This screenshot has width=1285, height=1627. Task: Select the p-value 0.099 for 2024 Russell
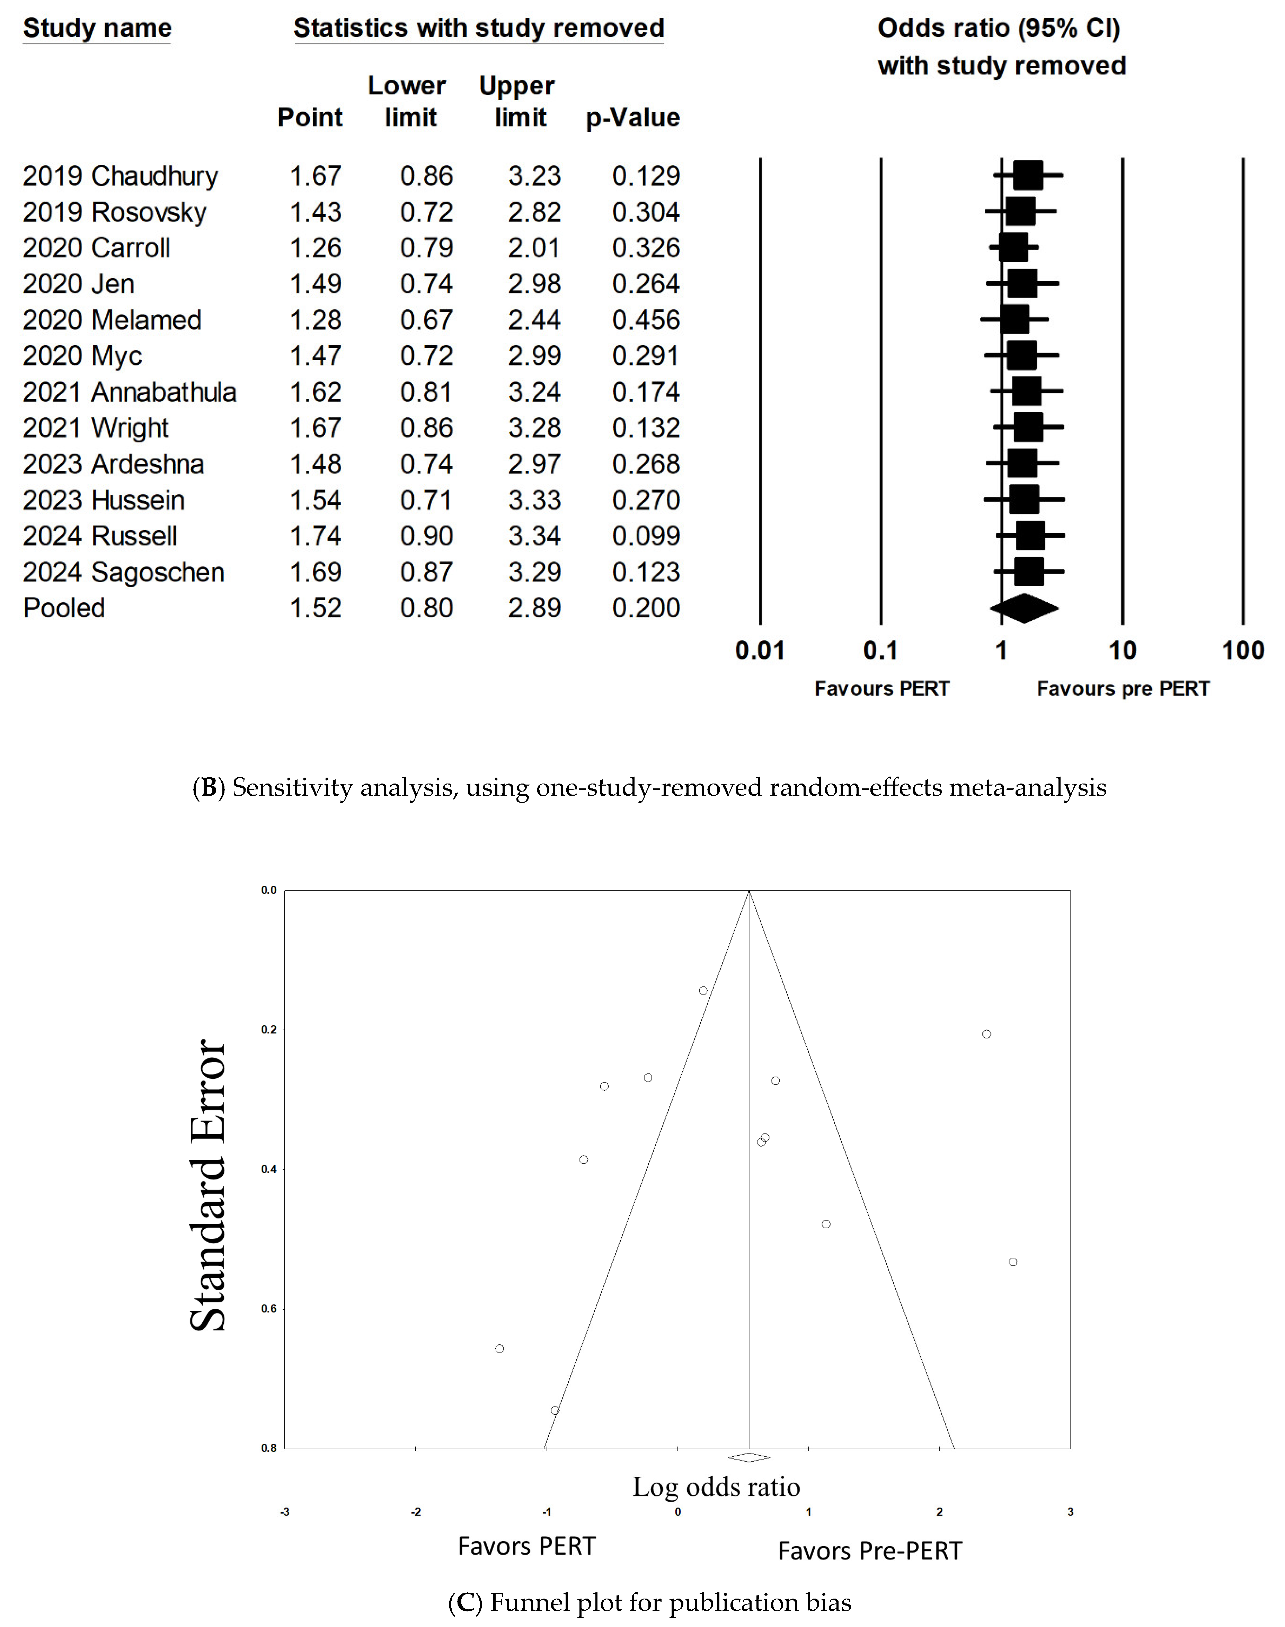(x=646, y=536)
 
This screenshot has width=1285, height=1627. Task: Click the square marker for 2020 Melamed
(x=1014, y=320)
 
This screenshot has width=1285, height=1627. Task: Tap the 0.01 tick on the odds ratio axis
(x=760, y=650)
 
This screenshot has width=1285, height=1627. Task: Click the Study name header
(x=97, y=29)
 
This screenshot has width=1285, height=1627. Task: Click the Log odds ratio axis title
(x=716, y=1486)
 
